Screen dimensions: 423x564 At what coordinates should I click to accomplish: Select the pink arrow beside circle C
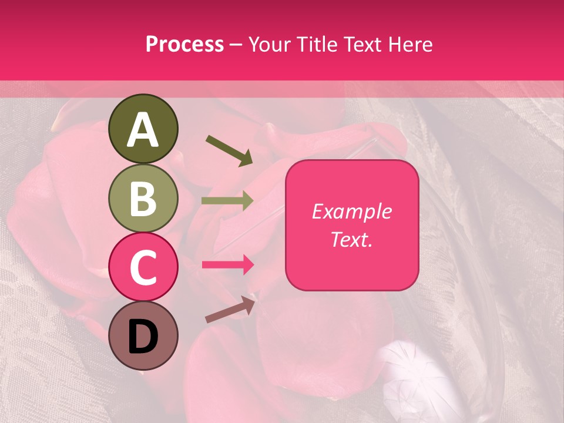228,264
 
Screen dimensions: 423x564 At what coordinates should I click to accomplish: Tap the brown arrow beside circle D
231,309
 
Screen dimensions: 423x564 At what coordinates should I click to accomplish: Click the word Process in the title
184,45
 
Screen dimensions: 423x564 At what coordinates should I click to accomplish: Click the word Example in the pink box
351,211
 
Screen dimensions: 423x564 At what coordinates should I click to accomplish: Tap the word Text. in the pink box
351,239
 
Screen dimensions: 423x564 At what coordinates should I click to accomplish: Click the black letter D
143,337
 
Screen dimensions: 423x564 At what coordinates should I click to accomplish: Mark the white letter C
143,268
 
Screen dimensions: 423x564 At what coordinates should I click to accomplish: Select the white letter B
143,199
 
